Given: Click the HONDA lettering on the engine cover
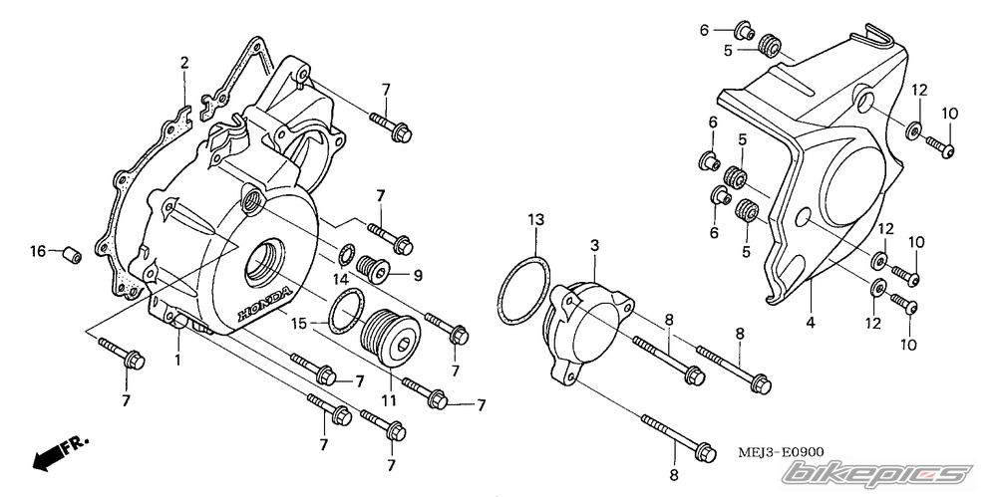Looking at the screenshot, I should coord(265,303).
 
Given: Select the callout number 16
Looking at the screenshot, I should coord(38,251).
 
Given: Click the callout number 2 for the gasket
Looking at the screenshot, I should coord(184,64).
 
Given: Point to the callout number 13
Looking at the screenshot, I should coord(535,218).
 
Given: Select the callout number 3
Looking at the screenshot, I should coord(594,244).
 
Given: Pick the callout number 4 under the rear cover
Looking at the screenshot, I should coord(811,323).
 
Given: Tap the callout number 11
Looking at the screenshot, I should coord(388,400).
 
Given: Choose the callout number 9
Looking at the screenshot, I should coord(419,275).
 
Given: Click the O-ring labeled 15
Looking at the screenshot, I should coord(346,314).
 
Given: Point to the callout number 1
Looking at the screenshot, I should coord(177,358).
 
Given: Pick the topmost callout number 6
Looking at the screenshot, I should coord(704,31).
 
